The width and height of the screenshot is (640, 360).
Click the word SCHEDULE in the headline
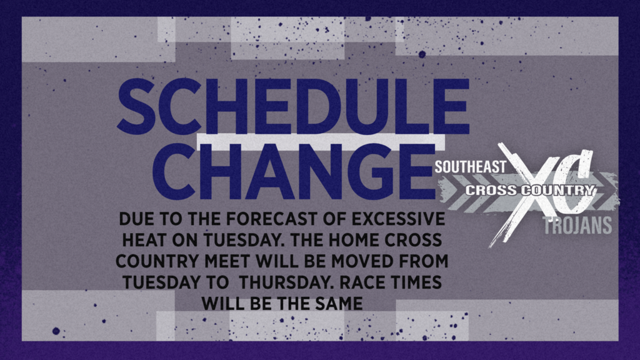(x=293, y=106)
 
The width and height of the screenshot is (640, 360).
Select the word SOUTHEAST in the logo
(x=470, y=167)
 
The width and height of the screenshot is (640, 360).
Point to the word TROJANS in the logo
(x=577, y=225)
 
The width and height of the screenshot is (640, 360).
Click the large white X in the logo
(x=526, y=192)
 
